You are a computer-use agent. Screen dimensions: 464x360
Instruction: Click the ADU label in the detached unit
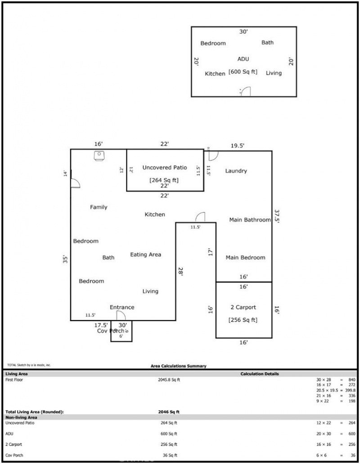[x=243, y=59]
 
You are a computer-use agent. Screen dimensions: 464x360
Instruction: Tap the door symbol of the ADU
[x=245, y=92]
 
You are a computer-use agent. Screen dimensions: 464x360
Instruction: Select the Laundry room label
[x=236, y=171]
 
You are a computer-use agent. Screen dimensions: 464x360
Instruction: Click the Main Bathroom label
[x=250, y=220]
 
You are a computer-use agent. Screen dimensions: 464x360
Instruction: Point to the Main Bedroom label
[x=245, y=258]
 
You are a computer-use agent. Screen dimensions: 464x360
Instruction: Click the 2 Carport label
[x=243, y=308]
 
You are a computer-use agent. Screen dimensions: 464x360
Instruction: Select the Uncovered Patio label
[x=164, y=168]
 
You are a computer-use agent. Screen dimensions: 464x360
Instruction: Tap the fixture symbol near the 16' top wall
[x=99, y=156]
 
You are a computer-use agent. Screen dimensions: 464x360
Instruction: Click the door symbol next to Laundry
[x=213, y=156]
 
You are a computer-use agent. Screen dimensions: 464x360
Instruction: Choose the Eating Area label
[x=145, y=254]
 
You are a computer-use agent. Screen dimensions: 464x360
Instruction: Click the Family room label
[x=99, y=207]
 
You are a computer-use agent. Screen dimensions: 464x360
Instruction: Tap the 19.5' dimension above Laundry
[x=238, y=146]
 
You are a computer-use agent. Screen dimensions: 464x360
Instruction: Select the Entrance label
[x=122, y=308]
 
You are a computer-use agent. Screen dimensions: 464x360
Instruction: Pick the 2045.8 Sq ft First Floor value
[x=169, y=380]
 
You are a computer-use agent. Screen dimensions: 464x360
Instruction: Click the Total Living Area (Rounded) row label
[x=34, y=411]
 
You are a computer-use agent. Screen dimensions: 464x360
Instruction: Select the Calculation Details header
[x=260, y=374]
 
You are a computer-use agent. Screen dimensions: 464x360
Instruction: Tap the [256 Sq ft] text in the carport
[x=243, y=320]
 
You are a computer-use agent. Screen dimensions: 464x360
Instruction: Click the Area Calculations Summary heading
[x=178, y=366]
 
